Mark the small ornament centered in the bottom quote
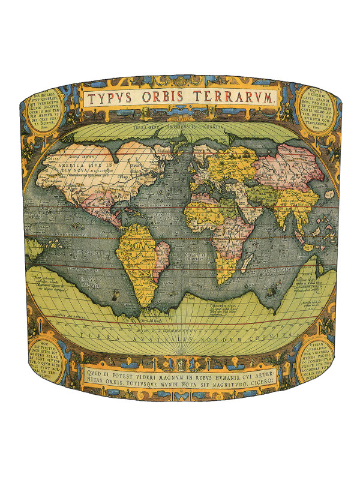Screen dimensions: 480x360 coord(181,364)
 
